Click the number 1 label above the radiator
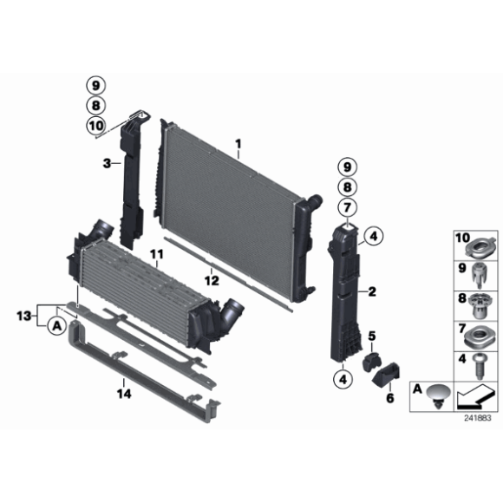tap(238, 143)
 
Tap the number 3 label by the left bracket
tap(105, 163)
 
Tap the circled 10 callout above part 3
tap(95, 126)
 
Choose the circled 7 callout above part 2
tap(347, 207)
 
